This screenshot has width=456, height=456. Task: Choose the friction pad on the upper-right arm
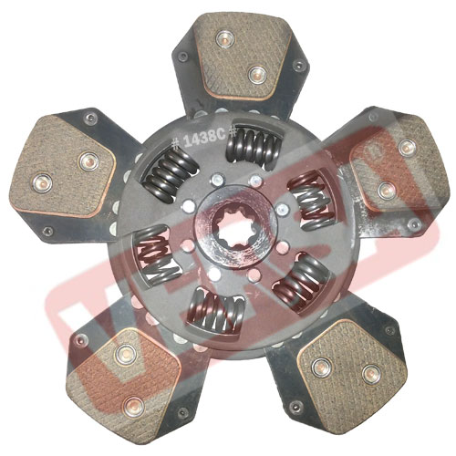click(391, 162)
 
